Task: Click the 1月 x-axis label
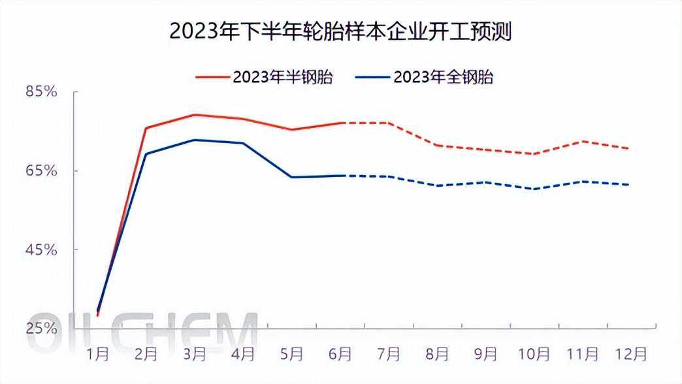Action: (97, 355)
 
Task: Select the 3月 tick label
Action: (195, 355)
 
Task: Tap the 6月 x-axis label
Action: (340, 355)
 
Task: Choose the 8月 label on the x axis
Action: (438, 355)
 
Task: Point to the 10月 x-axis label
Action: (534, 355)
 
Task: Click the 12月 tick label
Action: (632, 355)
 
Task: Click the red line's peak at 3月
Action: (195, 115)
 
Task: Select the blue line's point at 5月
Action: (291, 177)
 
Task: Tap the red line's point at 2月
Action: (146, 128)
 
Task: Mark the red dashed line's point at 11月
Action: (583, 141)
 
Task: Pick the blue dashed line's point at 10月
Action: (534, 189)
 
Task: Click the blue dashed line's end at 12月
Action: (629, 184)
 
